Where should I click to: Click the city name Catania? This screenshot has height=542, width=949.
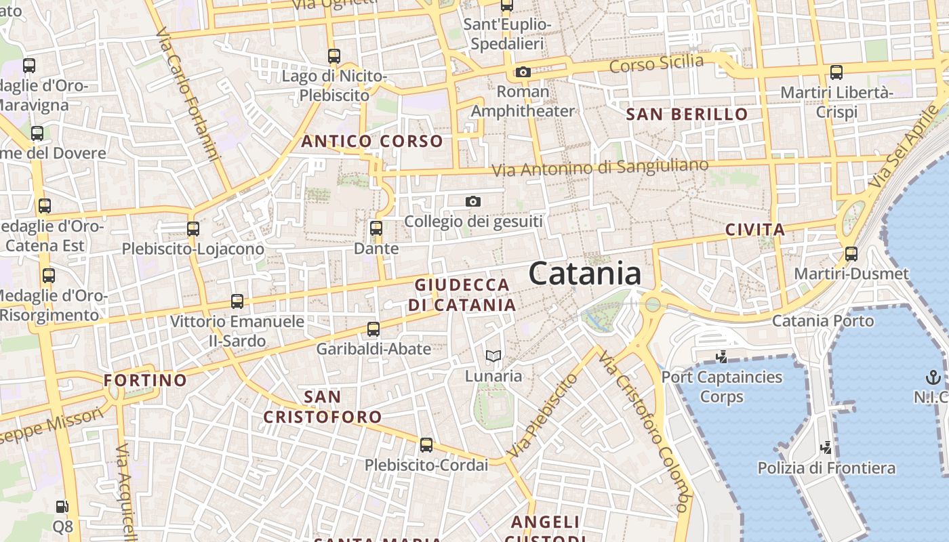pos(584,274)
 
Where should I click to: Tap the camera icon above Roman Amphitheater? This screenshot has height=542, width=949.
pos(523,72)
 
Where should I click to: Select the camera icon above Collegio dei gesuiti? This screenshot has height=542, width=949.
pos(473,201)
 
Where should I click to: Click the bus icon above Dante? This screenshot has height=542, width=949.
pos(376,228)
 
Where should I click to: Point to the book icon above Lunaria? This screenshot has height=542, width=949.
pos(493,356)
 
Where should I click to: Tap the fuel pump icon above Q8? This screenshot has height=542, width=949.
pos(62,506)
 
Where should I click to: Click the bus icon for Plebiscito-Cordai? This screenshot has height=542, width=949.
pos(426,445)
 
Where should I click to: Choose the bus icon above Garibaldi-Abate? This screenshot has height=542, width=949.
pos(373,329)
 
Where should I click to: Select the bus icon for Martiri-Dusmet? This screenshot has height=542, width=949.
pos(851,254)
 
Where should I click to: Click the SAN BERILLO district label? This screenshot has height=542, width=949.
pos(687,114)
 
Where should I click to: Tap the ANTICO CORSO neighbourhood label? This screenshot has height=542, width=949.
pos(372,142)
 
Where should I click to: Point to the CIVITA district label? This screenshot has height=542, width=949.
pos(755,230)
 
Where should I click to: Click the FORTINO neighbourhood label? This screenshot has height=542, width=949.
pos(145,380)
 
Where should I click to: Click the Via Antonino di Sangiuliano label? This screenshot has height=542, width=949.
pos(600,167)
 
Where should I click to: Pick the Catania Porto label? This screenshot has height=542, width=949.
pos(823,320)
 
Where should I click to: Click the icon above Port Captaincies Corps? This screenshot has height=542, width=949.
pos(722,356)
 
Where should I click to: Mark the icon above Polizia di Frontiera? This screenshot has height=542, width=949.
pos(826,447)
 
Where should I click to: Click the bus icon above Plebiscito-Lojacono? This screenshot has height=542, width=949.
pos(193,228)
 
